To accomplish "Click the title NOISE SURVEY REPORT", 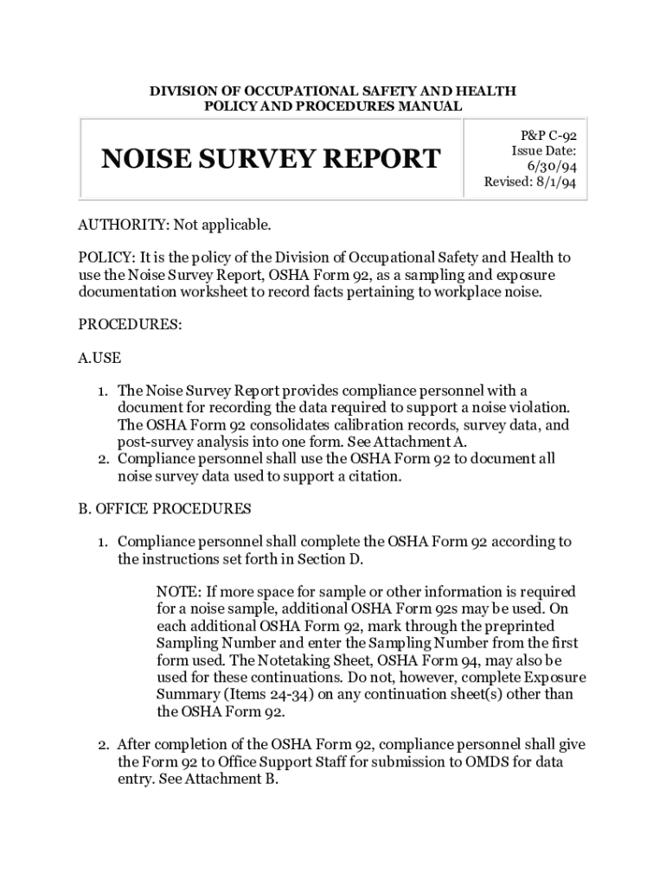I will (271, 159).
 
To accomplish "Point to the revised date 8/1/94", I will (554, 181).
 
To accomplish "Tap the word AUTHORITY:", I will (124, 226).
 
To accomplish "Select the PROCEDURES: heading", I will (130, 324).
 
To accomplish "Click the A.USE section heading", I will (99, 358).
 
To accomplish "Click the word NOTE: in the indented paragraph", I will (179, 592).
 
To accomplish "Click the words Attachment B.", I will (236, 779).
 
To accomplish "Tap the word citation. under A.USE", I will (374, 475).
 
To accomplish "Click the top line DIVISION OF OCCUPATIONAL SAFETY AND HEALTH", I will (333, 90).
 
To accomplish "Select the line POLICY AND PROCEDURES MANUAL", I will (333, 105).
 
